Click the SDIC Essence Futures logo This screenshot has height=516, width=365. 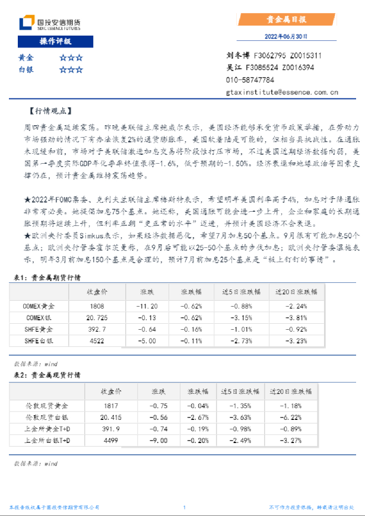[50, 23]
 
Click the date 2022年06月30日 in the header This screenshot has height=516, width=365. [285, 36]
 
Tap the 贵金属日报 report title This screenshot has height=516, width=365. [286, 20]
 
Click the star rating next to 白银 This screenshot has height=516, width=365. [71, 69]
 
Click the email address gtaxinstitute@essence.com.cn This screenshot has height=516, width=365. [282, 92]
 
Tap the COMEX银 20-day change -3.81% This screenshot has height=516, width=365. [296, 318]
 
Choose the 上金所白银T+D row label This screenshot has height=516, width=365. [47, 440]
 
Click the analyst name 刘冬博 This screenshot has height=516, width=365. [239, 56]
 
